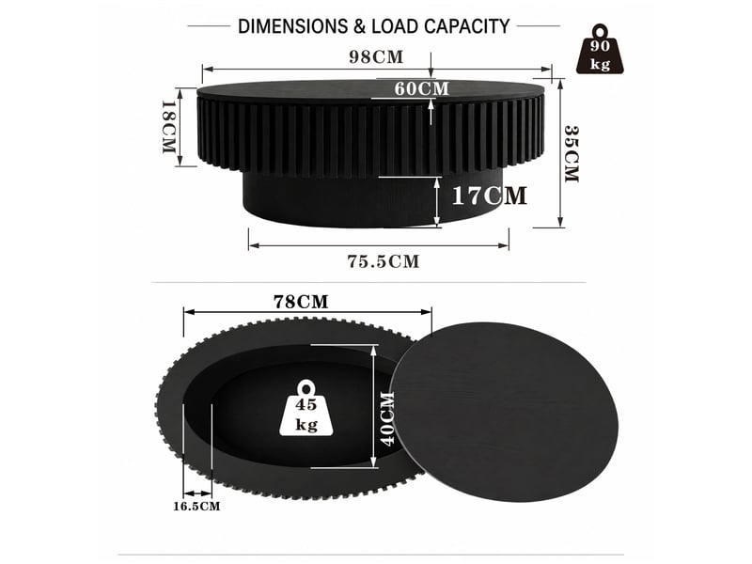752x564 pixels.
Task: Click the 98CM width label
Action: (376, 57)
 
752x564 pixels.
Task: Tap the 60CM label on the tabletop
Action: (421, 88)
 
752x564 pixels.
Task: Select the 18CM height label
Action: (168, 127)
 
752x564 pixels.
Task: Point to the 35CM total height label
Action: (572, 153)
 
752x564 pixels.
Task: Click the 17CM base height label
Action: (489, 196)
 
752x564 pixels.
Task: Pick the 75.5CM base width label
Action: (384, 261)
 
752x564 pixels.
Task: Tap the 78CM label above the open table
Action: (301, 302)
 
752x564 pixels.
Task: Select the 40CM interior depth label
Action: (387, 418)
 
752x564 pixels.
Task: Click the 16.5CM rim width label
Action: (196, 506)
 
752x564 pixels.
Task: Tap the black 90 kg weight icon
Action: (600, 50)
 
